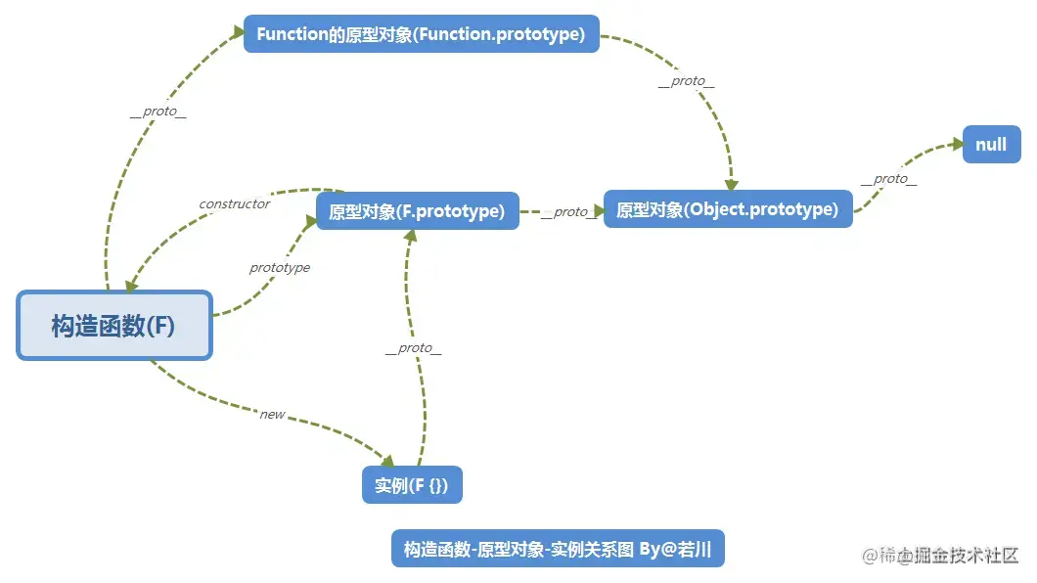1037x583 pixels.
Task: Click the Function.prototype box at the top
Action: point(421,34)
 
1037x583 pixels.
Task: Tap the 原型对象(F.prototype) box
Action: point(417,211)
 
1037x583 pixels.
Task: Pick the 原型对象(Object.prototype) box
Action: point(727,209)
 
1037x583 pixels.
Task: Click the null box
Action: point(991,145)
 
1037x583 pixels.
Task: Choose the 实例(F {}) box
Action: point(411,485)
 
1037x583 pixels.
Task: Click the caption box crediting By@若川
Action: point(558,549)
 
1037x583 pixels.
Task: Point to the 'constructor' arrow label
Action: point(235,204)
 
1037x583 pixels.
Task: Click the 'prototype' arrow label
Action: point(280,268)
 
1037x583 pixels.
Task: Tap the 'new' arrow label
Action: point(272,415)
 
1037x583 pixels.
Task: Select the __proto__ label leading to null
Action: point(888,179)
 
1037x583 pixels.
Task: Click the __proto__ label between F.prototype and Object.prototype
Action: point(569,212)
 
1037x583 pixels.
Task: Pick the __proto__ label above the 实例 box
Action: point(413,348)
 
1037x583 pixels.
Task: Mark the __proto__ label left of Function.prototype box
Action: point(158,112)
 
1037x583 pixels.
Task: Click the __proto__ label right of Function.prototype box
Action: point(686,82)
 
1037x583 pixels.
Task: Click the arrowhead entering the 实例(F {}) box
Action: point(387,462)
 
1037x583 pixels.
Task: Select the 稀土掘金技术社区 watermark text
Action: point(940,556)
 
